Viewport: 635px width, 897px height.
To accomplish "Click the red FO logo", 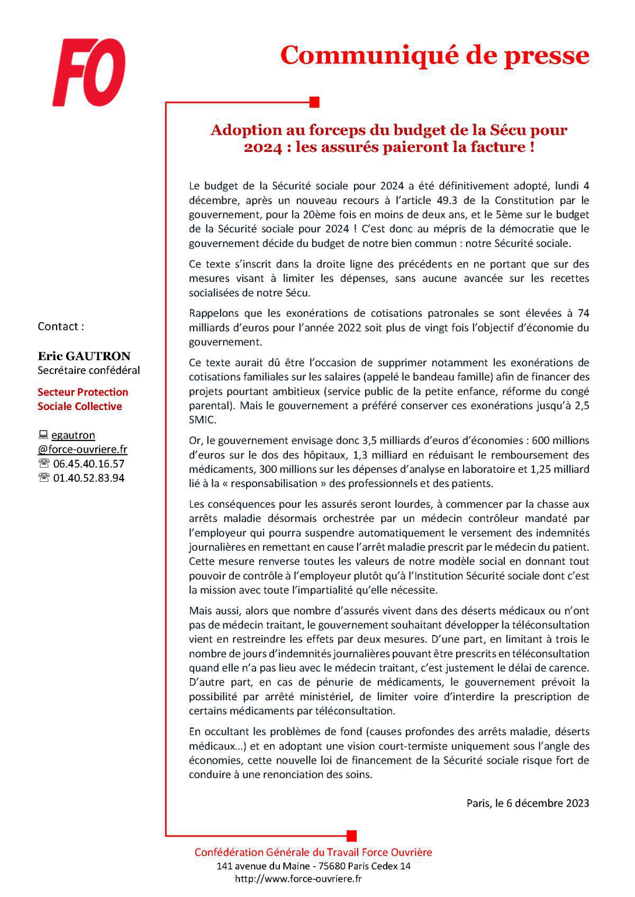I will pyautogui.click(x=88, y=73).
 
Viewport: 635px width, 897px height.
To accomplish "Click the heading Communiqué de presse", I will pyautogui.click(x=434, y=56).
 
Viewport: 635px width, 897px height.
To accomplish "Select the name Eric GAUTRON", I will pyautogui.click(x=84, y=356).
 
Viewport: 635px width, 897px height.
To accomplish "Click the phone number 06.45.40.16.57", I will pyautogui.click(x=89, y=464).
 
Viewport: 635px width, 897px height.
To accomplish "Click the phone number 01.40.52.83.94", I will pyautogui.click(x=89, y=478).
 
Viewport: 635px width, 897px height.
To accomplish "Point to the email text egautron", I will pyautogui.click(x=73, y=435).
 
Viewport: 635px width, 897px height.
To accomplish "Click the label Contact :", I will pyautogui.click(x=60, y=326).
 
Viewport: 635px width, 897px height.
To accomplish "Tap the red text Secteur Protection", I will pyautogui.click(x=83, y=392).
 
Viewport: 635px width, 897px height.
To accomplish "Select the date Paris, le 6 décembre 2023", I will pyautogui.click(x=527, y=803).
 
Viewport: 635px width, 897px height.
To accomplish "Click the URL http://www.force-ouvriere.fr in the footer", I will pyautogui.click(x=298, y=878).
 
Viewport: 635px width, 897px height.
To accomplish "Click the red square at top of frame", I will pyautogui.click(x=314, y=102).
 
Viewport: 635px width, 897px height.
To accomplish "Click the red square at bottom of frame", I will pyautogui.click(x=351, y=836).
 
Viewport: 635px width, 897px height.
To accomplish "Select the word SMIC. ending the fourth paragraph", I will pyautogui.click(x=203, y=419).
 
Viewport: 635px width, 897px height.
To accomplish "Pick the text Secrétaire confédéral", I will pyautogui.click(x=88, y=370).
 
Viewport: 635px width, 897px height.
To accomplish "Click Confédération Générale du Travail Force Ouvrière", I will pyautogui.click(x=313, y=852).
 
